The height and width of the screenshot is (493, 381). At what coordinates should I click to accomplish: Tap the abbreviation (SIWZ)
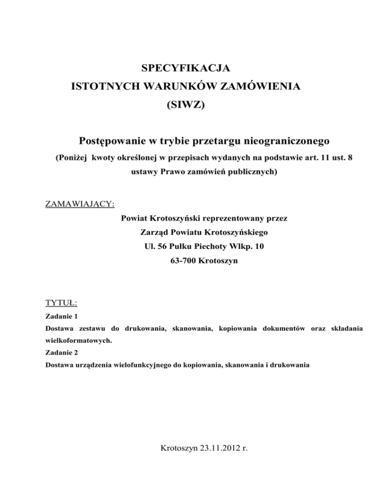point(186,106)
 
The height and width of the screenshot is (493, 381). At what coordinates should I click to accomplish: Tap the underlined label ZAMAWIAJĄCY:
point(80,204)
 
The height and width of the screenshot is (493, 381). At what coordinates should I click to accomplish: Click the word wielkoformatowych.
point(76,341)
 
